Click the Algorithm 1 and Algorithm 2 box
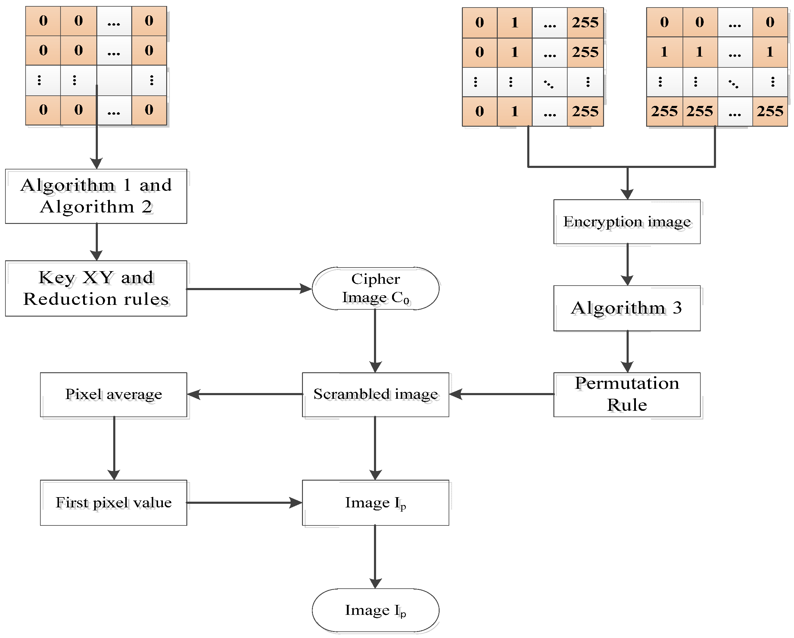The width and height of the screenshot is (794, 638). tap(96, 196)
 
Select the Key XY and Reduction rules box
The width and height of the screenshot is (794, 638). tap(96, 288)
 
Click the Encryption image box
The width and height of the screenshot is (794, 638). tap(627, 221)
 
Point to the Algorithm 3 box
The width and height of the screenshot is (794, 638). tap(627, 308)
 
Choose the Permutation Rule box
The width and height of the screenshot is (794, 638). tap(627, 394)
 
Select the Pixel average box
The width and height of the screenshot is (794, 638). tap(114, 394)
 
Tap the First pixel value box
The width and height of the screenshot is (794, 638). tap(114, 503)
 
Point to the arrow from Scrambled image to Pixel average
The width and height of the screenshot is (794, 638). tap(245, 394)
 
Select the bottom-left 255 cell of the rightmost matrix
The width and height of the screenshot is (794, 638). tap(664, 111)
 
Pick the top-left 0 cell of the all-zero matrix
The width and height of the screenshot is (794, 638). tap(43, 21)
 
